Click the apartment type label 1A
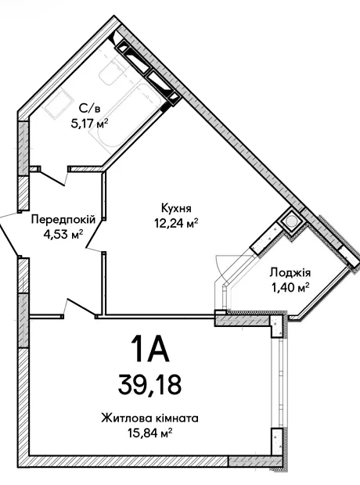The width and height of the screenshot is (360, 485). (x=149, y=349)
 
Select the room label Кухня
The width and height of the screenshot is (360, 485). (x=176, y=209)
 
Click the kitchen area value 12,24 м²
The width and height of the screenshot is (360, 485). (x=176, y=223)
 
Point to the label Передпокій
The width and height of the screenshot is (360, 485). (x=63, y=220)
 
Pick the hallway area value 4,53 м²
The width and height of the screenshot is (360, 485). (x=63, y=234)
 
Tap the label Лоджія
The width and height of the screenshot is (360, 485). (x=290, y=273)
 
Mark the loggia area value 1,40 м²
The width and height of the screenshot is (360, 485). (x=290, y=289)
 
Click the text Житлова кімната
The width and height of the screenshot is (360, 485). (x=149, y=419)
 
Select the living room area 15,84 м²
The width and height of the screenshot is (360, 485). (x=149, y=433)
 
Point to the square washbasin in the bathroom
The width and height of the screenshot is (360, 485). (x=58, y=103)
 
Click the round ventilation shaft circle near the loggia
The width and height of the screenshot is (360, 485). (x=291, y=221)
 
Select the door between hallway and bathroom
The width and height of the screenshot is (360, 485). (x=54, y=176)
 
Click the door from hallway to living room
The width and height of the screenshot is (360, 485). (x=80, y=307)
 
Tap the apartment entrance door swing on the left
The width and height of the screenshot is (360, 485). (x=9, y=234)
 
